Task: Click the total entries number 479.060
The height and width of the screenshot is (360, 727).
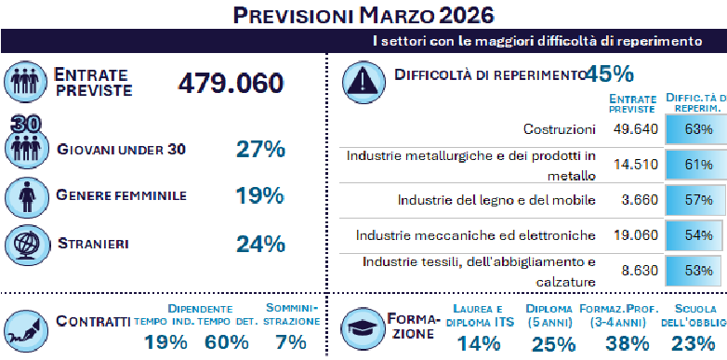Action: [x=231, y=83]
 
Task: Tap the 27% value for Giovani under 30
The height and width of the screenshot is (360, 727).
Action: [x=259, y=150]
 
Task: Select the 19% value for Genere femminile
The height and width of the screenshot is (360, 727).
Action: [x=259, y=195]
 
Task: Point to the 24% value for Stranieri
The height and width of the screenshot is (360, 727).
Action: [x=259, y=244]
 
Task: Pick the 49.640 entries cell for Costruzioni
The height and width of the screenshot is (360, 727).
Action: [x=636, y=128]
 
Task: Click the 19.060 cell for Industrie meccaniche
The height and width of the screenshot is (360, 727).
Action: [x=636, y=235]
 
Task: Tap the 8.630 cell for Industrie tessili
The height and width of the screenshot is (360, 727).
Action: [x=636, y=271]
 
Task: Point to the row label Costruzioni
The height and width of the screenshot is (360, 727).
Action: [x=564, y=128]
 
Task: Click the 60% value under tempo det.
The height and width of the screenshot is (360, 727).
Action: [x=227, y=341]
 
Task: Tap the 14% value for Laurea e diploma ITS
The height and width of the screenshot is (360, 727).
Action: [x=478, y=344]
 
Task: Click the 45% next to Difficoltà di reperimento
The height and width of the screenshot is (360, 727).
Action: [x=609, y=73]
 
